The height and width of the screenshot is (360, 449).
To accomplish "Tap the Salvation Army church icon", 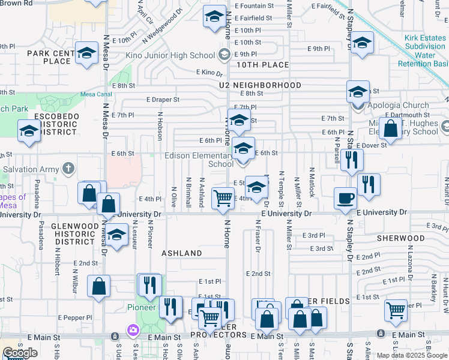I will coord(68,169).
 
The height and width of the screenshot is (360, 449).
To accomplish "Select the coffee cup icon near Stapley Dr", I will coord(345,197).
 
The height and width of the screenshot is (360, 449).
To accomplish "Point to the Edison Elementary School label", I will coord(199,160).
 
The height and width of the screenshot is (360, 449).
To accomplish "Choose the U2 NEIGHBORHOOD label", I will coord(260,85).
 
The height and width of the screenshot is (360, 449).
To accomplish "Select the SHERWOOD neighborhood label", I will coord(401,238).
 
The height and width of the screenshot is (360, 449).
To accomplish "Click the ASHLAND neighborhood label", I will coord(182,253).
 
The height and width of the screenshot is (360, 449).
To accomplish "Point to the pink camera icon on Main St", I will coord(133,330).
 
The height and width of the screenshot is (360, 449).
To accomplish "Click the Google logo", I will coord(20,353).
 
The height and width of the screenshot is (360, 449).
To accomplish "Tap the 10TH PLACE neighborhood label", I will coord(262,65).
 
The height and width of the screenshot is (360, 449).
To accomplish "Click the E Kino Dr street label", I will coord(209,72).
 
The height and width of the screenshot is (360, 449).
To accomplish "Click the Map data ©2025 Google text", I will coord(412,355).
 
